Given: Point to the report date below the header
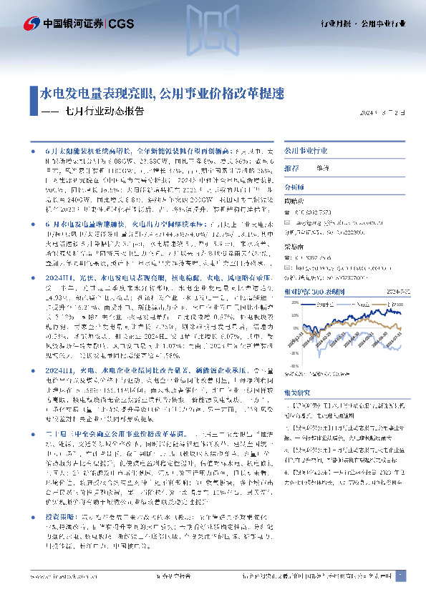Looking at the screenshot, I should (x=385, y=112).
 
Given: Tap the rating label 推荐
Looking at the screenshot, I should (x=292, y=168).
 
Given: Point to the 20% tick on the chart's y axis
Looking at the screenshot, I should (x=293, y=303).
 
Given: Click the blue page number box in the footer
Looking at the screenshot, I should (x=401, y=576).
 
